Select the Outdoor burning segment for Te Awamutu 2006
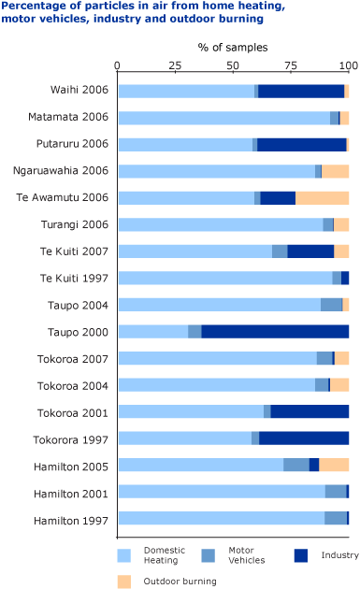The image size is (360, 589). (x=322, y=198)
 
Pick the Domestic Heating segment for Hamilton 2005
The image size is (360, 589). (x=200, y=466)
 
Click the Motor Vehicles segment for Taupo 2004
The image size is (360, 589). (x=331, y=305)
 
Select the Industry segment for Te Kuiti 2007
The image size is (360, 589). (x=310, y=251)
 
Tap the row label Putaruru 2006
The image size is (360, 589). (x=77, y=145)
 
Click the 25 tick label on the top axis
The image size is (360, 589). (x=175, y=66)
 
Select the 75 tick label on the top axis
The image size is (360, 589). (x=291, y=66)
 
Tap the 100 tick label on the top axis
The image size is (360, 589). (x=348, y=66)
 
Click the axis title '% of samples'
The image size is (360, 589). (x=232, y=47)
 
